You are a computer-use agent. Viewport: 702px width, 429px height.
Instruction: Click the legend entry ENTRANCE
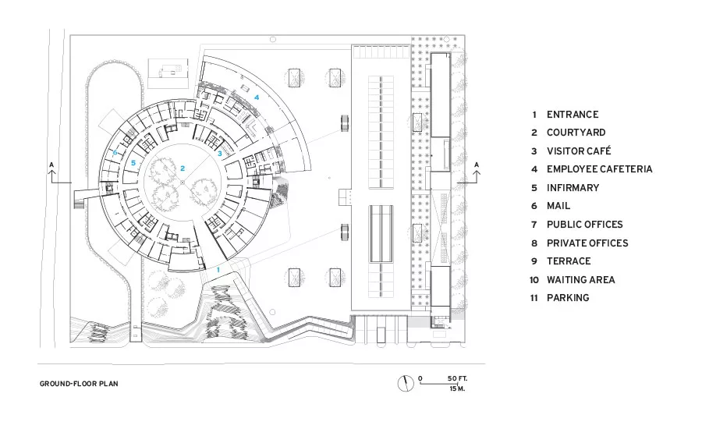(x=573, y=115)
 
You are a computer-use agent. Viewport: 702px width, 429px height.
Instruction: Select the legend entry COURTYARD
(x=576, y=133)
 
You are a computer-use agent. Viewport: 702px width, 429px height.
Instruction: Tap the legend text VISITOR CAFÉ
(x=579, y=151)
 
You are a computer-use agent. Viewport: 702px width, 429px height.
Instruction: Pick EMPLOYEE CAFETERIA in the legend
(x=600, y=169)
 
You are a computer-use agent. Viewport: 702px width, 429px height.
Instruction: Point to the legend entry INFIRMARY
(x=573, y=188)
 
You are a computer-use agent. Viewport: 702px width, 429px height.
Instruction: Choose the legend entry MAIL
(x=558, y=206)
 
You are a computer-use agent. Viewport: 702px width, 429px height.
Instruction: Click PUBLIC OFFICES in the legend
(x=585, y=225)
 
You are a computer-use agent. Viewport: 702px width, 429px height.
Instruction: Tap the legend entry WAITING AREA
(x=580, y=280)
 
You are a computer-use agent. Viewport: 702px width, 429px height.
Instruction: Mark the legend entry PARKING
(x=568, y=298)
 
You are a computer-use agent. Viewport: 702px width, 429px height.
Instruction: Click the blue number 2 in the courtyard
(x=183, y=168)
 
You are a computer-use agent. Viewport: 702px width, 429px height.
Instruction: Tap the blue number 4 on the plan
(x=257, y=97)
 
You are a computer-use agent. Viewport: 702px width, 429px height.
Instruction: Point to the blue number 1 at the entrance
(x=218, y=270)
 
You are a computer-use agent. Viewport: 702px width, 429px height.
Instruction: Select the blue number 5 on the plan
(x=133, y=163)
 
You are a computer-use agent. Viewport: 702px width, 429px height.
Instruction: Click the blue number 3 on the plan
(x=220, y=154)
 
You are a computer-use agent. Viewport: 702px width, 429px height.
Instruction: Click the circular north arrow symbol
(x=406, y=383)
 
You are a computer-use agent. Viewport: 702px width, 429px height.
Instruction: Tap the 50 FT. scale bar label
(x=457, y=379)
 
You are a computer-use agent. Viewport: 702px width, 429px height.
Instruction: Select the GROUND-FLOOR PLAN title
(x=79, y=384)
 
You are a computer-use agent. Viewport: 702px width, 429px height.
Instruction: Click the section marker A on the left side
(x=51, y=165)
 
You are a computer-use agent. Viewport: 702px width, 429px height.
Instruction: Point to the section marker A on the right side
(x=477, y=165)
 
